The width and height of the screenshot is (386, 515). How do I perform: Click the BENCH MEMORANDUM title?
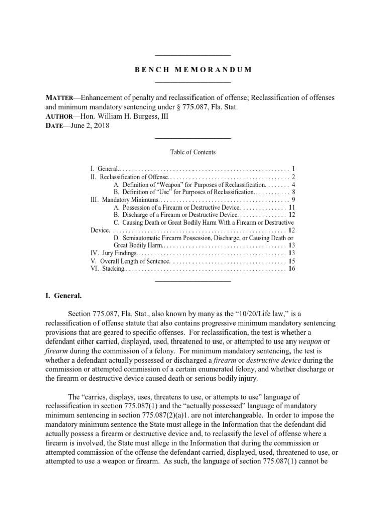(193, 69)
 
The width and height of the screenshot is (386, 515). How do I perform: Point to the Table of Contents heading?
(193, 152)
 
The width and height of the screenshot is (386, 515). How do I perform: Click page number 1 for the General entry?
(293, 168)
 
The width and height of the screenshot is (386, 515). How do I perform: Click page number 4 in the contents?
(293, 184)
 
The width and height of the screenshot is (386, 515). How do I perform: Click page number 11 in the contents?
(291, 207)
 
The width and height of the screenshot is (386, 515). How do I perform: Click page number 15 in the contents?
(291, 261)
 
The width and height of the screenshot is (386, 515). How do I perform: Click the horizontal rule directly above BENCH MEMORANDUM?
(193, 55)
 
